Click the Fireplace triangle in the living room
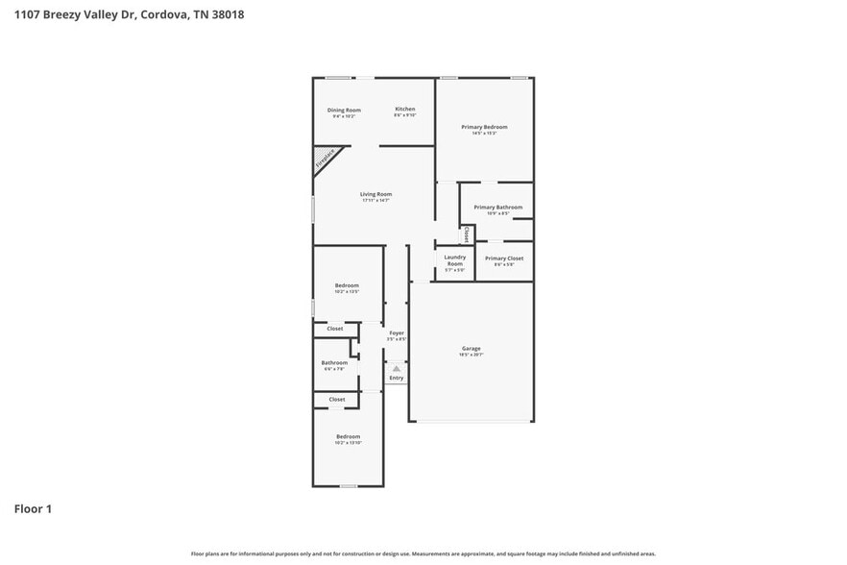[325, 159]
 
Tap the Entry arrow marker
[397, 368]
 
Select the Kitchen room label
[405, 110]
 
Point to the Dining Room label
[345, 110]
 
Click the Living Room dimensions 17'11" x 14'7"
[376, 201]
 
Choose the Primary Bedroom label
[484, 127]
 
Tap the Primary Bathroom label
[497, 208]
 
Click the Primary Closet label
[503, 258]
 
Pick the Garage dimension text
[471, 355]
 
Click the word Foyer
[397, 332]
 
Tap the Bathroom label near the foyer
[334, 362]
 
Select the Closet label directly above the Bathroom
[335, 329]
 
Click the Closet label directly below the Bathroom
[337, 399]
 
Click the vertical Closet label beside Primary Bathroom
[467, 233]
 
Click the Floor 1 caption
[32, 508]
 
